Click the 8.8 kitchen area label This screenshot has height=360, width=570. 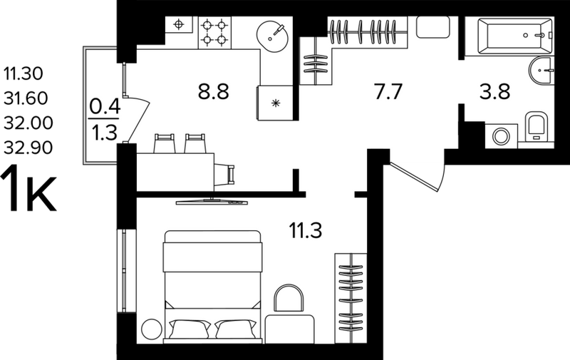[213, 91]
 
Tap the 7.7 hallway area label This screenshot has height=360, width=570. [388, 91]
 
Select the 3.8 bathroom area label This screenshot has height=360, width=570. [494, 91]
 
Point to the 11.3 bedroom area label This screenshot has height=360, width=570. [306, 230]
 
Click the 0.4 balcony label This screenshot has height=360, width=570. [105, 107]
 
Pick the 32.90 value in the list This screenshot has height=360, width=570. [28, 148]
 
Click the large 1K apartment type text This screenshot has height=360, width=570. [28, 189]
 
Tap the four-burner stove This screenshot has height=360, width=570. [214, 32]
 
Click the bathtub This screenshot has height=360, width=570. [509, 36]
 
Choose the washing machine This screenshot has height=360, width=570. [502, 135]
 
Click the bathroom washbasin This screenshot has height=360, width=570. [541, 70]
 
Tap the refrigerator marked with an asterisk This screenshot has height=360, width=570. [275, 103]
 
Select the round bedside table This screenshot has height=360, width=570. [152, 329]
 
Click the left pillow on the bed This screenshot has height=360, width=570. [189, 329]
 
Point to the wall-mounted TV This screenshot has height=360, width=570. [212, 201]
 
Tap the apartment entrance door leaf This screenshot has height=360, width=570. [415, 177]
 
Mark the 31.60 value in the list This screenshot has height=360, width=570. [26, 98]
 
